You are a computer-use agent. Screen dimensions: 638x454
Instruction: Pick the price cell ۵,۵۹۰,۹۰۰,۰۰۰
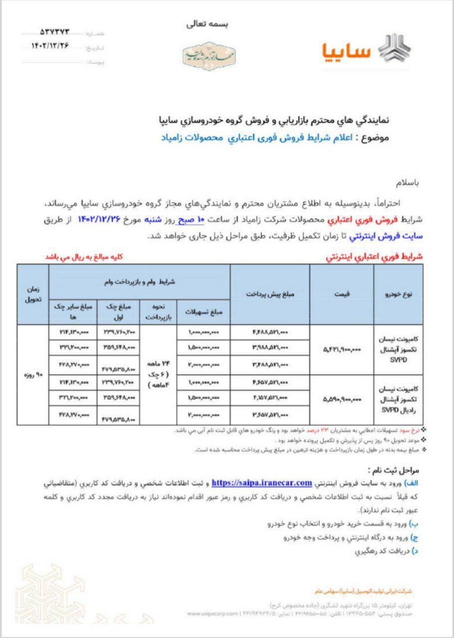(x=342, y=398)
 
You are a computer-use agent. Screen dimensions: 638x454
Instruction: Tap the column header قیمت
(x=344, y=294)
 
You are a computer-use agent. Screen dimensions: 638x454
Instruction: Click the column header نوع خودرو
(x=400, y=294)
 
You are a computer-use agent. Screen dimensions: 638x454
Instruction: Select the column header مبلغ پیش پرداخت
(x=270, y=294)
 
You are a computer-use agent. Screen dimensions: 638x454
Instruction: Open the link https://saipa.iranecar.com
(x=262, y=483)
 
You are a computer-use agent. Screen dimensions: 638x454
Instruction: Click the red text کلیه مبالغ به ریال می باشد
(x=84, y=257)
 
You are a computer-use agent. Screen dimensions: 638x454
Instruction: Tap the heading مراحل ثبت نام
(x=396, y=471)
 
